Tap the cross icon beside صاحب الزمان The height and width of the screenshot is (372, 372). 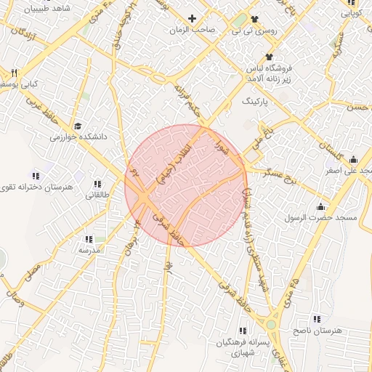click(192, 18)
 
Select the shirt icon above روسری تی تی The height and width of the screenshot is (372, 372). click(254, 18)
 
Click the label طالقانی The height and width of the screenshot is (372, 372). click(97, 195)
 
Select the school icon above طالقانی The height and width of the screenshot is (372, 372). click(97, 183)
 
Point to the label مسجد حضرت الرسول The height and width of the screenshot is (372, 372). click(320, 218)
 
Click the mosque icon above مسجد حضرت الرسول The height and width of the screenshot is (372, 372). click(320, 206)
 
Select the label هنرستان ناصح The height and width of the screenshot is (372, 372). click(317, 331)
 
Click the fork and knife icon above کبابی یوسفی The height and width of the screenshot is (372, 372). click(14, 73)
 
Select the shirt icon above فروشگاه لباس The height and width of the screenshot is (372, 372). click(270, 57)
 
